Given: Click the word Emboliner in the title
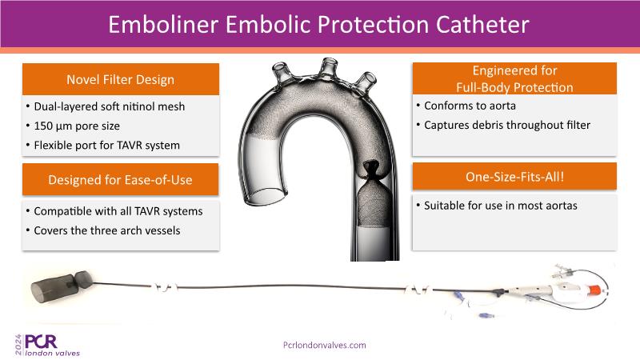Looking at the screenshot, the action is pos(163,25).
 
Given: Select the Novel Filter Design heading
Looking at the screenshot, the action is pos(121,79).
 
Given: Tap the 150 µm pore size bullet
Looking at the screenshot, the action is pos(77,126).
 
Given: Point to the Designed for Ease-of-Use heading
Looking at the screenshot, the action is pos(121,180).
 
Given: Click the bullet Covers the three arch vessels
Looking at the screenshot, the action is pos(107,230).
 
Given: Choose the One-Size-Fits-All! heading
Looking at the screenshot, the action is pos(514,177).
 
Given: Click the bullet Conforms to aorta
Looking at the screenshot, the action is pos(470,106).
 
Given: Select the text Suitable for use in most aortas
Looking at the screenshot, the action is pos(501,206).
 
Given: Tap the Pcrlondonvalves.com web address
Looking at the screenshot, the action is pos(325,346).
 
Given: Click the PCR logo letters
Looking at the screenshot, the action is pos(41,342).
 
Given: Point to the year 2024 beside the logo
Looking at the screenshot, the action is pos(18,345).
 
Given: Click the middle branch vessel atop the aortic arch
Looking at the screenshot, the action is pos(329,67).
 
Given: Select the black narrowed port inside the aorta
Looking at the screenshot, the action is pos(371,170).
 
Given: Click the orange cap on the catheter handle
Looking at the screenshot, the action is pos(595,290).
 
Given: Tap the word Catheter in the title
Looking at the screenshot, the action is pos(482,25).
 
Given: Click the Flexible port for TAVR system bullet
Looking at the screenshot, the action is pos(106,146).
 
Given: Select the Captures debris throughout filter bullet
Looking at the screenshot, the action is pos(507,125).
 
